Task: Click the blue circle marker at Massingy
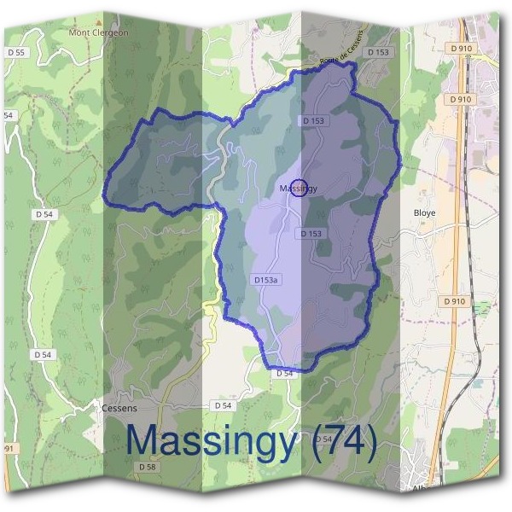pyautogui.click(x=299, y=188)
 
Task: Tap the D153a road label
pyautogui.click(x=268, y=279)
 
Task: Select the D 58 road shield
pyautogui.click(x=147, y=467)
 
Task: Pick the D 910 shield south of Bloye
pyautogui.click(x=455, y=301)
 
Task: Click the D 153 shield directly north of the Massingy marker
pyautogui.click(x=313, y=121)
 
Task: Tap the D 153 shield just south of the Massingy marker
pyautogui.click(x=311, y=233)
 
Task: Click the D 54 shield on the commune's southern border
pyautogui.click(x=285, y=373)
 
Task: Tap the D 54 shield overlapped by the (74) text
pyautogui.click(x=323, y=439)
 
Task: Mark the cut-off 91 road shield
pyautogui.click(x=9, y=448)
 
